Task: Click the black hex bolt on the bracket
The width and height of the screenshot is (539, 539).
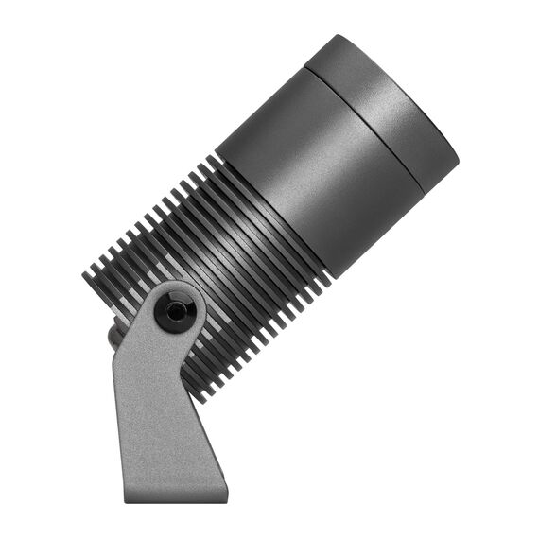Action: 174,310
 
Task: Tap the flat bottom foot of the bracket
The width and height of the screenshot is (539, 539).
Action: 176,494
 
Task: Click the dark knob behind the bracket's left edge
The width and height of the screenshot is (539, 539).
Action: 113,334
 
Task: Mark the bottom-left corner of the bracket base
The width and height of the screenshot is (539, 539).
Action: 127,500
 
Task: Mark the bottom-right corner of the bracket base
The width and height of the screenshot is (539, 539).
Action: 227,498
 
